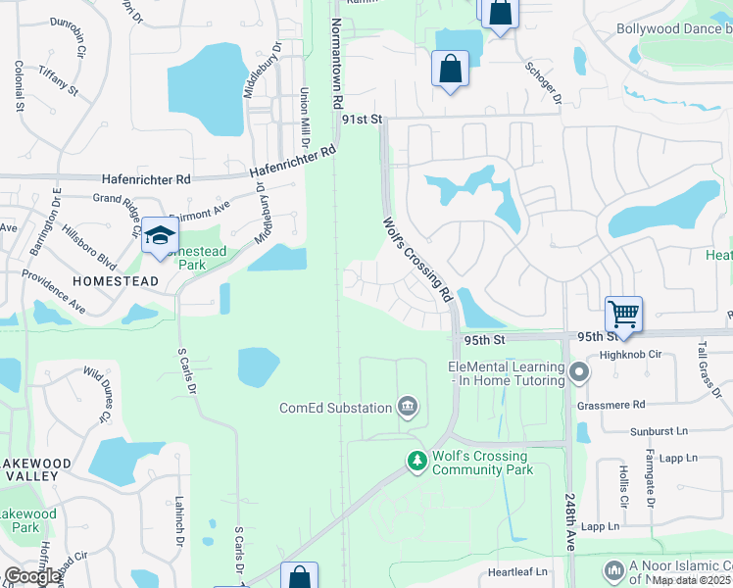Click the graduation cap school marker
(x=159, y=236)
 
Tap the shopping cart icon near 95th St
(x=623, y=315)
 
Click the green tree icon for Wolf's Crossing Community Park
(x=417, y=460)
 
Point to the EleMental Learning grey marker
(x=579, y=372)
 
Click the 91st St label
(x=361, y=119)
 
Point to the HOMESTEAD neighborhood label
(x=116, y=281)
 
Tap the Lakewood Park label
(x=27, y=520)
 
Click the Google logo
(x=31, y=576)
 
